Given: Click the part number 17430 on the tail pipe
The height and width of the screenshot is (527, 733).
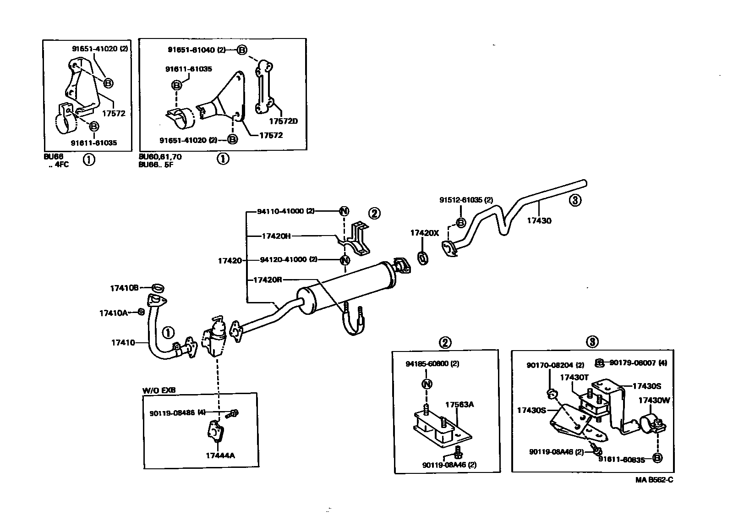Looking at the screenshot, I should [x=539, y=220].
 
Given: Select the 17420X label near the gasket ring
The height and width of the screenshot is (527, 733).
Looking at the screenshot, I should [x=424, y=233].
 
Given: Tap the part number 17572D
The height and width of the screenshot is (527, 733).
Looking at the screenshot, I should [x=283, y=121].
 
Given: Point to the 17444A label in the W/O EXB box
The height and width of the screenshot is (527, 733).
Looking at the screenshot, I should [x=220, y=456].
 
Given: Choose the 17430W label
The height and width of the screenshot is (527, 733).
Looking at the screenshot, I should [x=654, y=400].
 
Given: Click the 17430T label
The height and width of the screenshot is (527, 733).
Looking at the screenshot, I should [x=574, y=377].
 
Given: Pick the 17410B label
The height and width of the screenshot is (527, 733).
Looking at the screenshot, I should [x=124, y=288].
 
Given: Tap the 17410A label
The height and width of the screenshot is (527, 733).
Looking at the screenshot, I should [x=113, y=313].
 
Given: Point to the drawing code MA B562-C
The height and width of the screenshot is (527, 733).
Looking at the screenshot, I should [x=654, y=480].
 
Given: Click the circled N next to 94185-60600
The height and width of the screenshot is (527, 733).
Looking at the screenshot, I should [x=426, y=384].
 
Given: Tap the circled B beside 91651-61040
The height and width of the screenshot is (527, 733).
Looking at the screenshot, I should [x=242, y=50].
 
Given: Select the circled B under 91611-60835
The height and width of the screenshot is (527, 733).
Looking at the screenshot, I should [x=657, y=458].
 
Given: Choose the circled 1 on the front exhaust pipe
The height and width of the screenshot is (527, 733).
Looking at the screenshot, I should [x=168, y=332].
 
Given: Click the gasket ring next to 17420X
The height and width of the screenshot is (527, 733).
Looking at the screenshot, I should [x=424, y=258].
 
